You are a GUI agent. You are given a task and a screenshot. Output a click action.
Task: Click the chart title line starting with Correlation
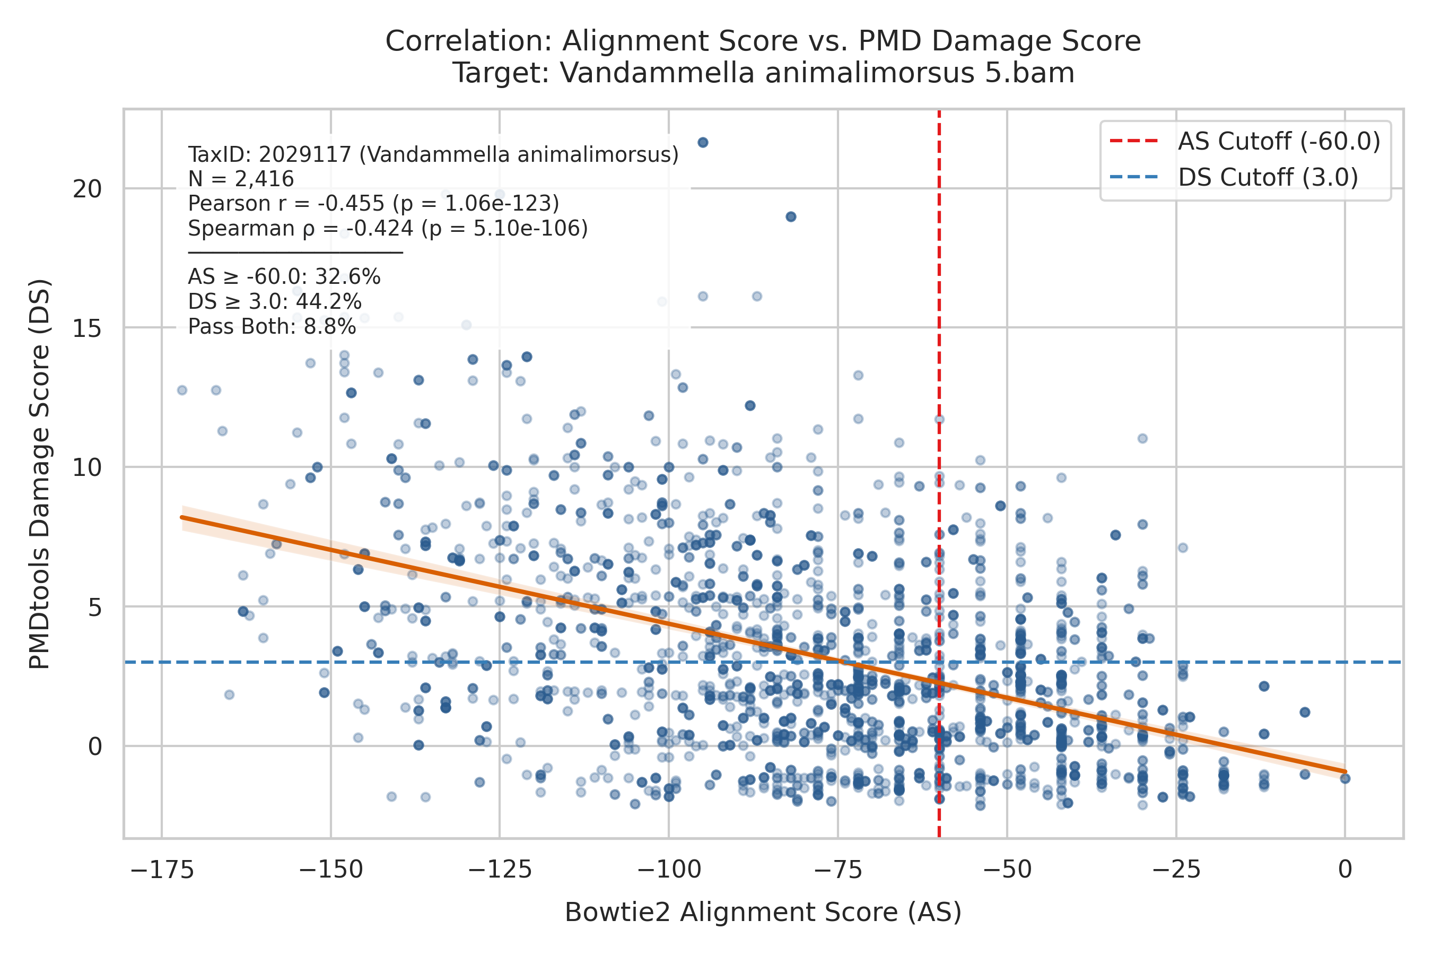[x=763, y=41]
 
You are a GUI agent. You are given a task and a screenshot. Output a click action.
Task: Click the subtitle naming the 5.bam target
[x=763, y=73]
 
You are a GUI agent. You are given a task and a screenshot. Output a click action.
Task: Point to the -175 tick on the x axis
[x=162, y=869]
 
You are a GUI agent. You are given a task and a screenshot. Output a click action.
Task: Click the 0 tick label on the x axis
[x=1346, y=869]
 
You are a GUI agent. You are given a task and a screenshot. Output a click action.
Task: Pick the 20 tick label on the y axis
[x=87, y=189]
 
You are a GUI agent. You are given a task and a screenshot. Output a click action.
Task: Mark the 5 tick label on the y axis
[x=95, y=607]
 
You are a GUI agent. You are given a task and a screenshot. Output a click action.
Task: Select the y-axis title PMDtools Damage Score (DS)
[x=40, y=474]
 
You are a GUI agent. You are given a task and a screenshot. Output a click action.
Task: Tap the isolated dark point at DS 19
[x=791, y=217]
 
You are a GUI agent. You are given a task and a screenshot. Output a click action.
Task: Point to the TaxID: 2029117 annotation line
[x=433, y=155]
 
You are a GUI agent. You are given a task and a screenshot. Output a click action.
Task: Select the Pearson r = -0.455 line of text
[x=373, y=203]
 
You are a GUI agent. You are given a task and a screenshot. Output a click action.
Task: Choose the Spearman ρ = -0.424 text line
[x=388, y=228]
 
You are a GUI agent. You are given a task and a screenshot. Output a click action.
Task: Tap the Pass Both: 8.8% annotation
[x=272, y=327]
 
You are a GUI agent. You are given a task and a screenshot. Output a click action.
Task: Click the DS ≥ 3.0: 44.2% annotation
[x=275, y=302]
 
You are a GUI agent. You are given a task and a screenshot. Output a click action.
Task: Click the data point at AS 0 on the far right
[x=1346, y=778]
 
